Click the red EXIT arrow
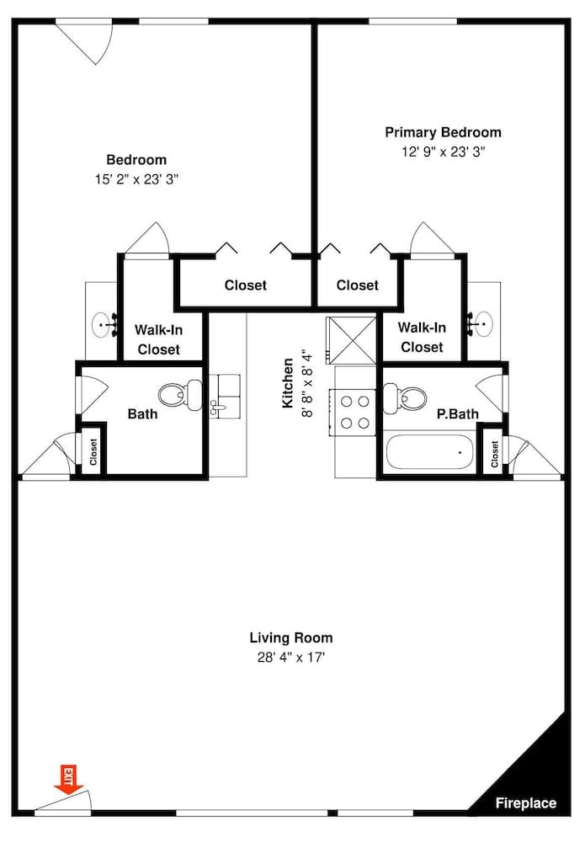click(65, 778)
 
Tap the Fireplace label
click(525, 802)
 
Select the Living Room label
click(291, 637)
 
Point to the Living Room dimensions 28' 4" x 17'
click(291, 657)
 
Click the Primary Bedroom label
click(443, 132)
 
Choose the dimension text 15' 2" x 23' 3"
click(136, 179)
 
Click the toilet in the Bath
click(180, 392)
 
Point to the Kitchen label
click(288, 383)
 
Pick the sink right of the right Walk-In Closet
click(483, 321)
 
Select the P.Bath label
click(457, 414)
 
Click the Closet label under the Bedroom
click(245, 285)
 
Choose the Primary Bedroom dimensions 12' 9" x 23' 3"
click(443, 152)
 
